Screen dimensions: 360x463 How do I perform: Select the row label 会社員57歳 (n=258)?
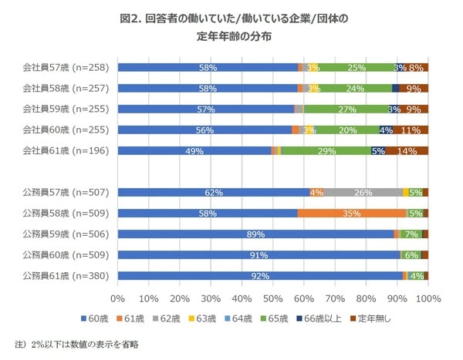[x=68, y=68]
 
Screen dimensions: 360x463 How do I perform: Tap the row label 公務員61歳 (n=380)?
[x=68, y=276]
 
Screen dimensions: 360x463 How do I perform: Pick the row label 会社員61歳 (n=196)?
[x=68, y=151]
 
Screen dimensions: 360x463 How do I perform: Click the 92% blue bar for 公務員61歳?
[x=260, y=276]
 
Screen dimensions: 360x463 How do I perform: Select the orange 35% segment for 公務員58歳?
[x=351, y=213]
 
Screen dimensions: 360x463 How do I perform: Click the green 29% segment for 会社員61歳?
[x=326, y=151]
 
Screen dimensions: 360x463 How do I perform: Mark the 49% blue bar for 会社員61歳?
[x=194, y=151]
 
